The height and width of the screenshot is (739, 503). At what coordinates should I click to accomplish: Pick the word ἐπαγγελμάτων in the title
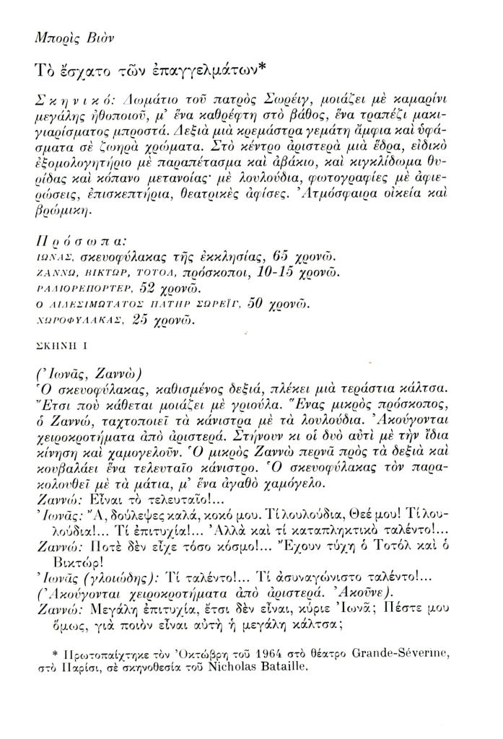click(x=201, y=71)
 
